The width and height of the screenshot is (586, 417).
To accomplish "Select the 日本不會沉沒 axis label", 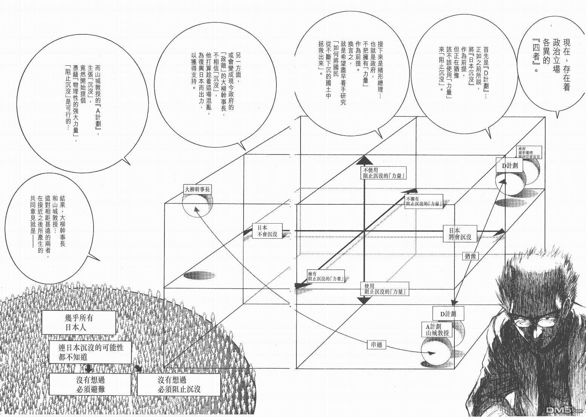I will click(267, 231).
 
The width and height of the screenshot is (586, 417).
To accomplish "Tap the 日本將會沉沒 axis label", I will click(460, 233).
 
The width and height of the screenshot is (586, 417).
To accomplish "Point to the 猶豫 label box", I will click(470, 256).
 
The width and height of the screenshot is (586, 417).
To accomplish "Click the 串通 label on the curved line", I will click(376, 344).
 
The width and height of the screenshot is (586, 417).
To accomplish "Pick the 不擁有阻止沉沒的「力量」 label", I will click(423, 201).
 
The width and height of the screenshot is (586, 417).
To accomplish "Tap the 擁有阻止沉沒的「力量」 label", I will click(326, 277).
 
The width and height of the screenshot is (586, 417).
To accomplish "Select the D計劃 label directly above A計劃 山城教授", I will click(448, 314).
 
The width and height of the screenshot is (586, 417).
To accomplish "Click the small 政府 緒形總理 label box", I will click(529, 152).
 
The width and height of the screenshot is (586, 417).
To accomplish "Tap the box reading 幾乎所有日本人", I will click(78, 323).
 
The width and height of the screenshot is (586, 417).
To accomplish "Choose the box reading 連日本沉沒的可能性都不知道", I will click(91, 351).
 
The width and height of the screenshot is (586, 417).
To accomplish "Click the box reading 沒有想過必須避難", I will click(91, 385).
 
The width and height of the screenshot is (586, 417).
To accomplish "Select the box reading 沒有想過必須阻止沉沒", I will click(178, 385).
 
